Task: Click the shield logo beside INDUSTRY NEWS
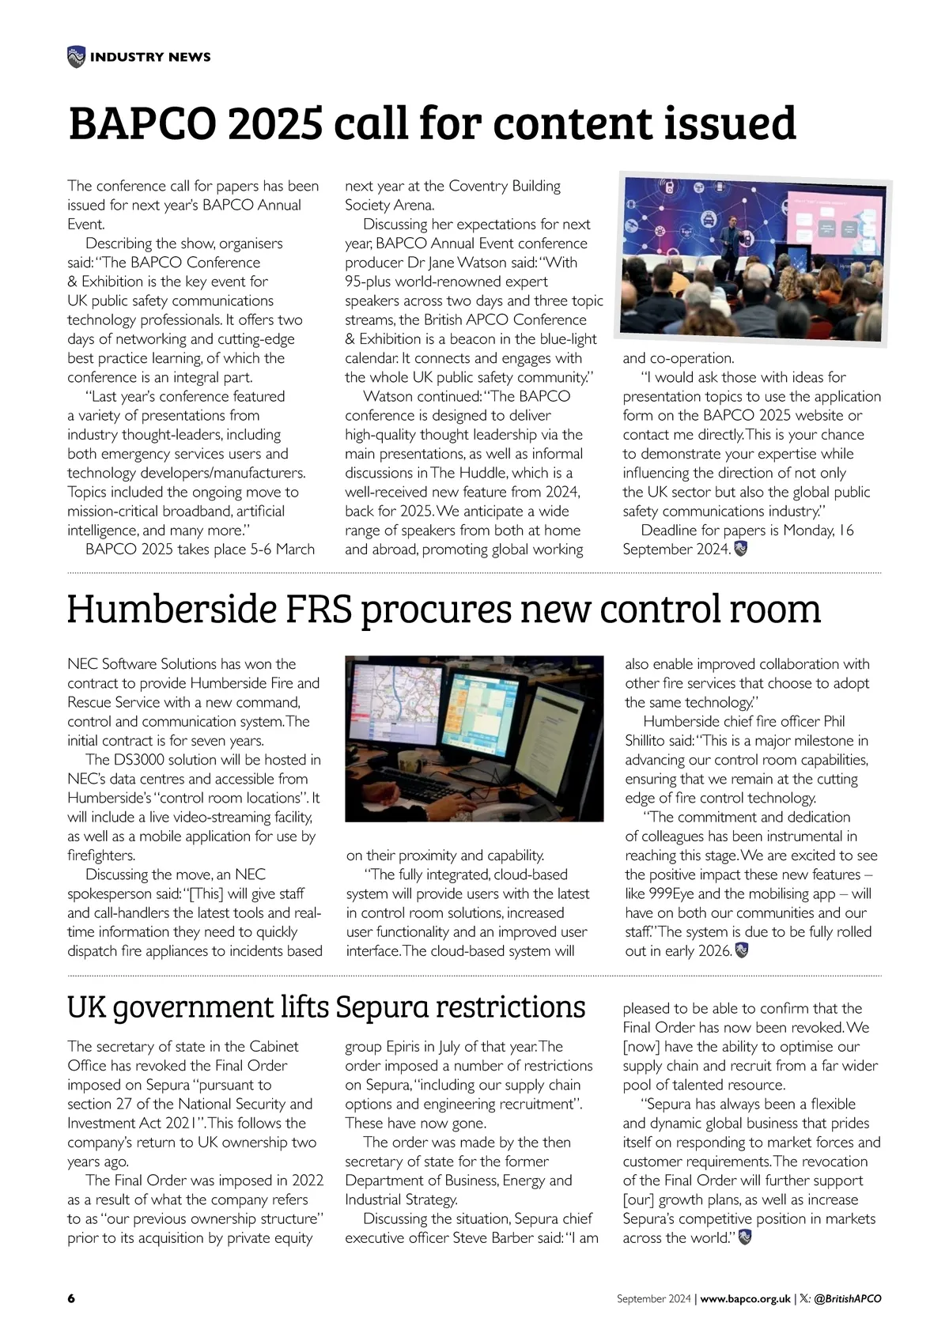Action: (76, 57)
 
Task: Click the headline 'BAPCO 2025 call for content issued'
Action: (432, 123)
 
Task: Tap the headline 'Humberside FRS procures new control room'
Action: (444, 608)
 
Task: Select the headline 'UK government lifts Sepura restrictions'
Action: (327, 1007)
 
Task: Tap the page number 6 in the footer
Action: (71, 1298)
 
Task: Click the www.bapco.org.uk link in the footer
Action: (745, 1298)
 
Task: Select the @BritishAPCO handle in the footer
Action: (847, 1298)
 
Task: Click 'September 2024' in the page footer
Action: (653, 1298)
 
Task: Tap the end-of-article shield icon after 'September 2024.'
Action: (741, 549)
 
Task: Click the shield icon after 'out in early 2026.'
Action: (742, 950)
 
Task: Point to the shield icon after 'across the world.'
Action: (744, 1237)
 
